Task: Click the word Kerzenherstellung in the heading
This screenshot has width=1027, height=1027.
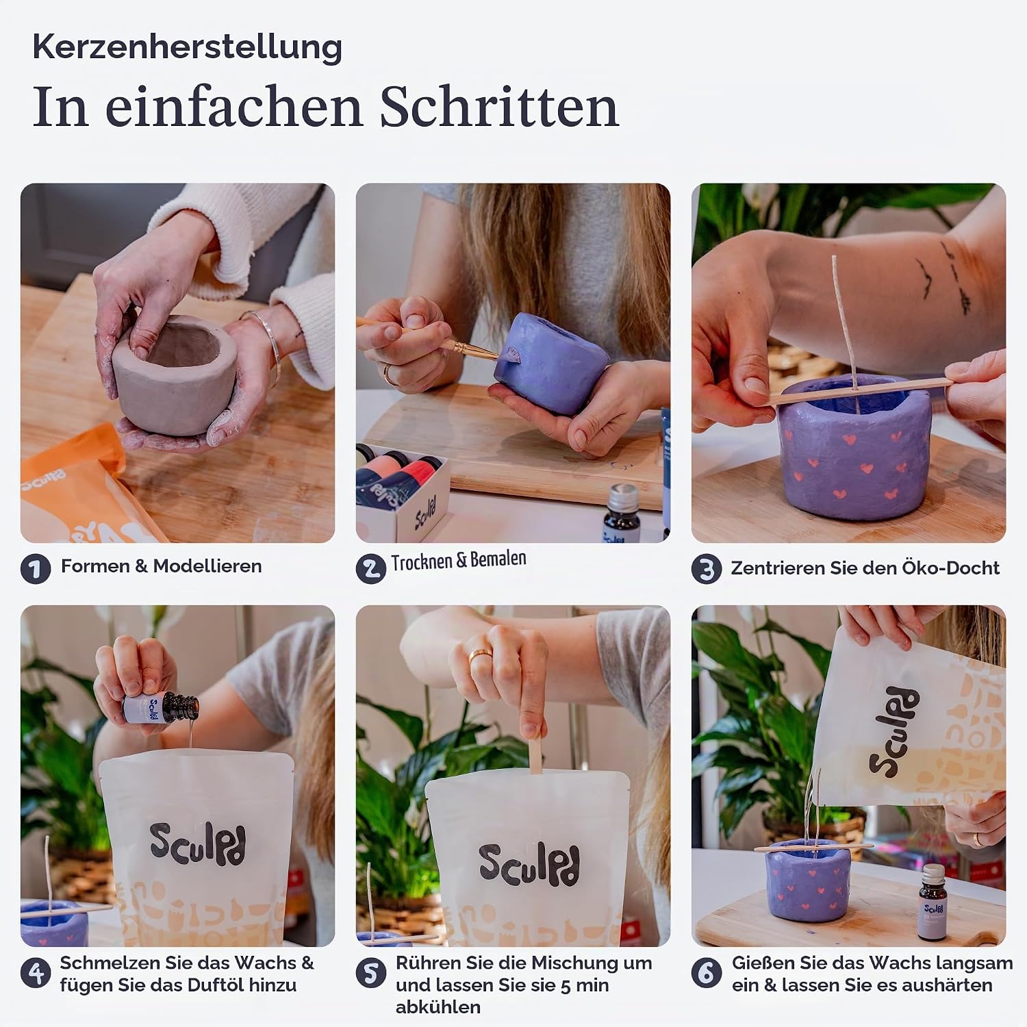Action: [187, 48]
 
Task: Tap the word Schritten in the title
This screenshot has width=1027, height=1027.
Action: [499, 107]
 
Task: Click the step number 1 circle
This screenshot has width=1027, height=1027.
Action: [36, 569]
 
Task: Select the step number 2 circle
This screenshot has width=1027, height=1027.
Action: [371, 569]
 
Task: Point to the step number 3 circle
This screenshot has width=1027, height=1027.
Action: [707, 569]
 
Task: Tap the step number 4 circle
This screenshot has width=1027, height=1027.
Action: [36, 973]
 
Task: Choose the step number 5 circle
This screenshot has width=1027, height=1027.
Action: [371, 973]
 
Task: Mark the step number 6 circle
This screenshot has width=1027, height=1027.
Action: [707, 973]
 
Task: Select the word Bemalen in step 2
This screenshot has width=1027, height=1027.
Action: [498, 559]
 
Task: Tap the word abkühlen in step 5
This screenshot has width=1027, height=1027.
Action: [438, 1007]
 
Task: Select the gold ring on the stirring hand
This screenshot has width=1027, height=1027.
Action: [481, 655]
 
